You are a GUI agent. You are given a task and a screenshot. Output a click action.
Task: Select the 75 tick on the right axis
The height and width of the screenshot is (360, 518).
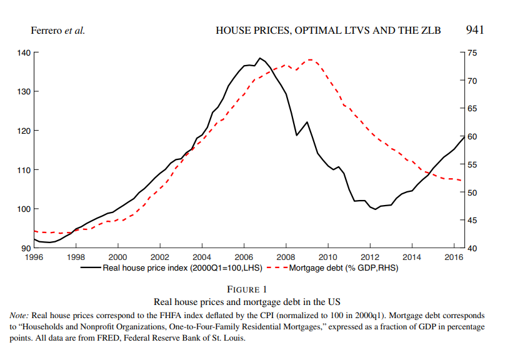(472, 52)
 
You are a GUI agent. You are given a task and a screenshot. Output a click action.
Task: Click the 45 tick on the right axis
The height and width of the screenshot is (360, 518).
(472, 220)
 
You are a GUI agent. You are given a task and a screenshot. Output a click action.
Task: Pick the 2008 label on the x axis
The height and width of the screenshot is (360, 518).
(286, 257)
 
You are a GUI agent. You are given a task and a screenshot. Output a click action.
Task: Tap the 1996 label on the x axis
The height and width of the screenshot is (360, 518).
(34, 257)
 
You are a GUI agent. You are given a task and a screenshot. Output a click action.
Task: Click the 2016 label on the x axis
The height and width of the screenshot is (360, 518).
(453, 257)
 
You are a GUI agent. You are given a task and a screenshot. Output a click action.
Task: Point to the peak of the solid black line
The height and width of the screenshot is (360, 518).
(260, 58)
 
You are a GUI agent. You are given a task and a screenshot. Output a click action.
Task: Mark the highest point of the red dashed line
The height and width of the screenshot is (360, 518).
(311, 59)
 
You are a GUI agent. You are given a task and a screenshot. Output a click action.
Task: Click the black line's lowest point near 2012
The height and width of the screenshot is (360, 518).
(375, 209)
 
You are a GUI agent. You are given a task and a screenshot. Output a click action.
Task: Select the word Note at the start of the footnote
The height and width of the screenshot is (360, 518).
(21, 316)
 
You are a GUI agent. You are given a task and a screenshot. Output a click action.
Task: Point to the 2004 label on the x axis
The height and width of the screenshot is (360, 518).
(202, 257)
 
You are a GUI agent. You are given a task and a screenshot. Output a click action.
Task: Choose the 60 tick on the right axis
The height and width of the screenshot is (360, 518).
(472, 136)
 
